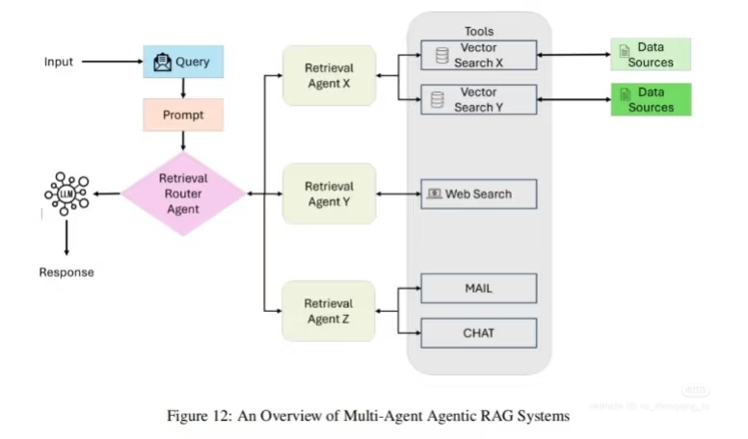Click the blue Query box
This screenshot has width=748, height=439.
click(183, 63)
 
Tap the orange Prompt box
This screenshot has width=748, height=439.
click(183, 115)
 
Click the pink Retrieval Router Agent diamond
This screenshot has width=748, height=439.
click(183, 194)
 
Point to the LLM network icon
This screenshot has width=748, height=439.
click(67, 194)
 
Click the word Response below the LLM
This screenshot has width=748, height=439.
click(67, 272)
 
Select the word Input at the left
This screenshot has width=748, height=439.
click(59, 63)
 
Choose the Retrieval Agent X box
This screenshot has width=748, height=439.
click(329, 75)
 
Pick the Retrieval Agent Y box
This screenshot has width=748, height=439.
click(329, 194)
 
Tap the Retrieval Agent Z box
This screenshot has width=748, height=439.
click(329, 310)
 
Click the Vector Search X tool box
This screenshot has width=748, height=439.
click(478, 56)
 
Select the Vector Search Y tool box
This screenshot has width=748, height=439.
click(478, 99)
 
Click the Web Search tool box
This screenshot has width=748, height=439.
click(478, 194)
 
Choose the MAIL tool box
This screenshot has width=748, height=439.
click(478, 288)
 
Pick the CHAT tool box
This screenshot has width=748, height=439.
click(478, 333)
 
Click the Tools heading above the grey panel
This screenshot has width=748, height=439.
click(478, 32)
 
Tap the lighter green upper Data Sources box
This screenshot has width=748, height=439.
click(651, 55)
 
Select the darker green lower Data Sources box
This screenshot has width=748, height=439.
click(651, 99)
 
